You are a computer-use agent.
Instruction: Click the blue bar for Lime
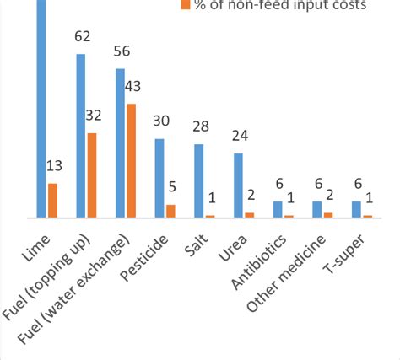coord(41,110)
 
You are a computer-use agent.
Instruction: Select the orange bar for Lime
coord(52,201)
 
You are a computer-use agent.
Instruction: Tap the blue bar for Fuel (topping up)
coord(81,136)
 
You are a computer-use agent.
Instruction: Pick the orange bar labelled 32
coord(92,175)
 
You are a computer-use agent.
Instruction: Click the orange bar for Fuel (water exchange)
coord(131,160)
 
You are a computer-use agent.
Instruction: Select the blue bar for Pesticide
coord(159,178)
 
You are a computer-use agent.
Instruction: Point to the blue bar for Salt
coord(198,181)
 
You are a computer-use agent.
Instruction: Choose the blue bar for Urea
coord(238,185)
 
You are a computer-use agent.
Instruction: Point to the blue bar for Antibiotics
coord(278,210)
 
